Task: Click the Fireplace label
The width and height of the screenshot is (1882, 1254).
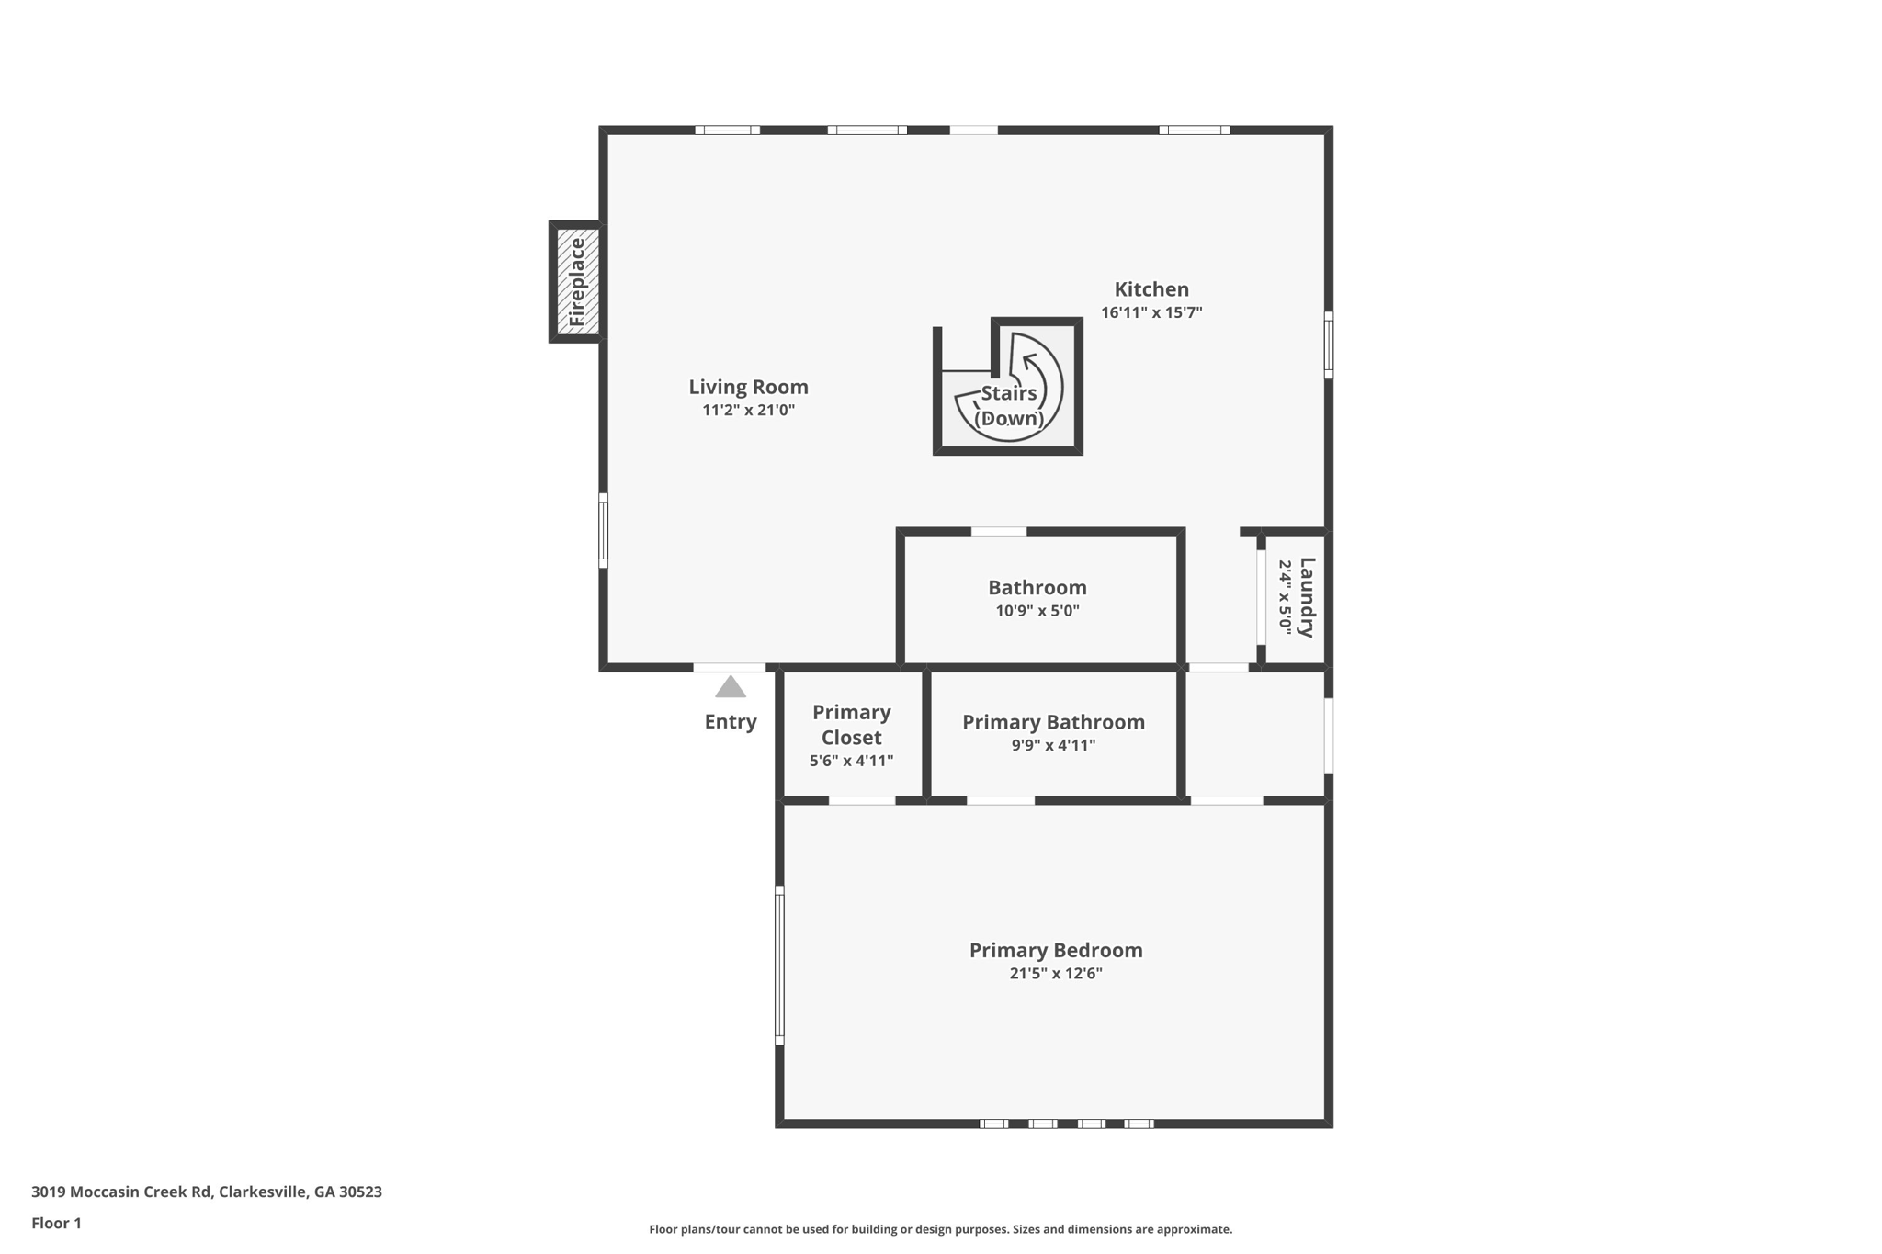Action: tap(577, 282)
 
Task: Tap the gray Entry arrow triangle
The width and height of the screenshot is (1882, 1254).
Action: tap(731, 687)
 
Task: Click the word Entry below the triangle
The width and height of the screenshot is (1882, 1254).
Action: tap(731, 722)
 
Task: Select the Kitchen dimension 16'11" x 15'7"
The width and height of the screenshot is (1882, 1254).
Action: tap(1151, 312)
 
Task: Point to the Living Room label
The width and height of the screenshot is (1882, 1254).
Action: tap(748, 387)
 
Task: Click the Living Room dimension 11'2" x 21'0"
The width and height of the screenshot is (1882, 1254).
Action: tap(748, 411)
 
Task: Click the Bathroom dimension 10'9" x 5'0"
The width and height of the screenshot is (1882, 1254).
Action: tap(1037, 611)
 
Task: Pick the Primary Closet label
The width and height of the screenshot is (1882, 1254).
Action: tap(851, 725)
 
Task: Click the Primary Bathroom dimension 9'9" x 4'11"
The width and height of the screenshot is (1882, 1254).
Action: tap(1053, 745)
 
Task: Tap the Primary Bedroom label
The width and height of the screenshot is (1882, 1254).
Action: tap(1056, 950)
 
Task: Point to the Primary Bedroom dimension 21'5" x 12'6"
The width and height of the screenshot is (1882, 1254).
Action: tap(1056, 974)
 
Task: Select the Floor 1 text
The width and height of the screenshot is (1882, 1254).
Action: tap(56, 1223)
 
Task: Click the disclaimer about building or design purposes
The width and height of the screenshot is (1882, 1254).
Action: tap(940, 1229)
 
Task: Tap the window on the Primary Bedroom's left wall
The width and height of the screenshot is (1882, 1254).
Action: tap(779, 965)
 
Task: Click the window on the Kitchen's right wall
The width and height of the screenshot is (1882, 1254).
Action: tap(1328, 345)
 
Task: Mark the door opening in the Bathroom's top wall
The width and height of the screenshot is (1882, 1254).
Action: tap(999, 531)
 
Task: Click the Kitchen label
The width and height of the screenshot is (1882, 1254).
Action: tap(1151, 289)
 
